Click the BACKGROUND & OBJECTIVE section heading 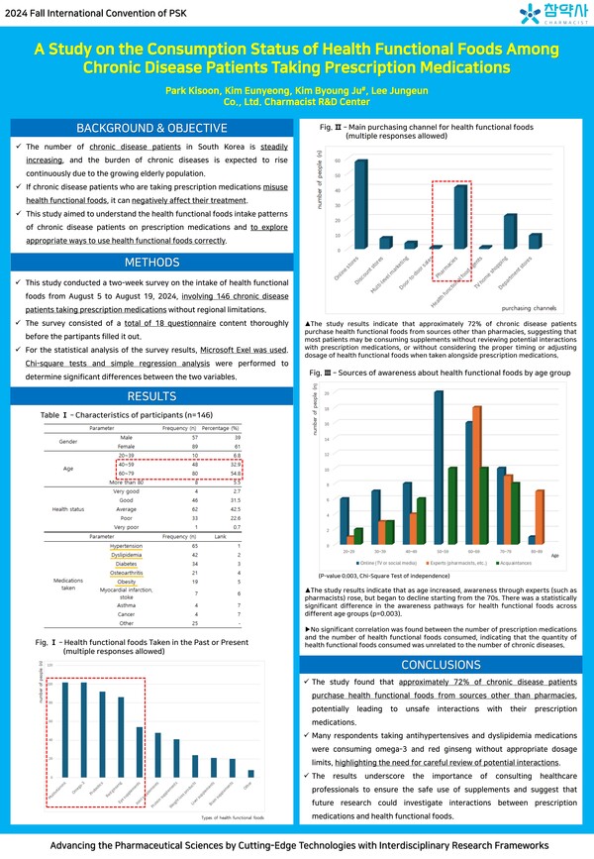[x=151, y=129]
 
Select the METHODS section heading [x=151, y=263]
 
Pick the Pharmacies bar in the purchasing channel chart [x=460, y=217]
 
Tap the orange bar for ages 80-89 [x=539, y=517]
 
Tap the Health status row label [x=69, y=509]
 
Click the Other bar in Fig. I [x=250, y=773]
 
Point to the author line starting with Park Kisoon [x=296, y=90]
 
